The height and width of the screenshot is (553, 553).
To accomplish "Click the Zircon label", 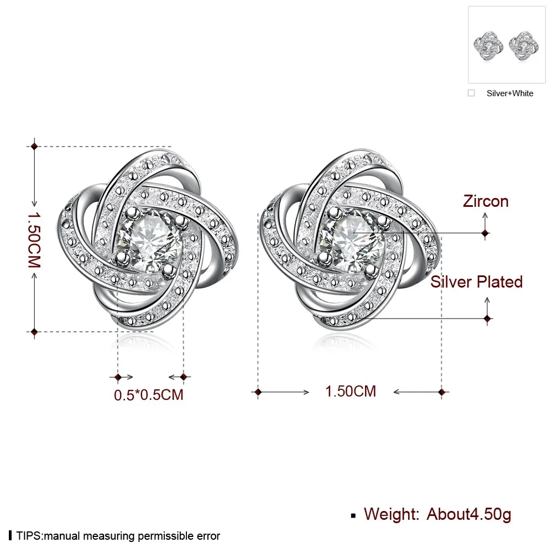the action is [x=486, y=201].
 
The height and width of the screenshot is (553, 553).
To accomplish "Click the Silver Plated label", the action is [x=477, y=282].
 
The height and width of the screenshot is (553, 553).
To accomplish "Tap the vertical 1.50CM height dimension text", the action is [x=34, y=240].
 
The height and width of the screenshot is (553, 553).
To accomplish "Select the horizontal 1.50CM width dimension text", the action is [x=351, y=392].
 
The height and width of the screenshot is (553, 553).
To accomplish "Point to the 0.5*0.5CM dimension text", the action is [x=148, y=395].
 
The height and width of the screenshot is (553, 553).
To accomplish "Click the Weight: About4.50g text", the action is [x=437, y=514].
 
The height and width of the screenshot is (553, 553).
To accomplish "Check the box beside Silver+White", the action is [x=471, y=93].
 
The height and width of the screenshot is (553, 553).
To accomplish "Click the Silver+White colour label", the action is [x=510, y=93].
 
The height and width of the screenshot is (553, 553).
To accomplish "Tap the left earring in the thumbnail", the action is [x=488, y=46].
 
